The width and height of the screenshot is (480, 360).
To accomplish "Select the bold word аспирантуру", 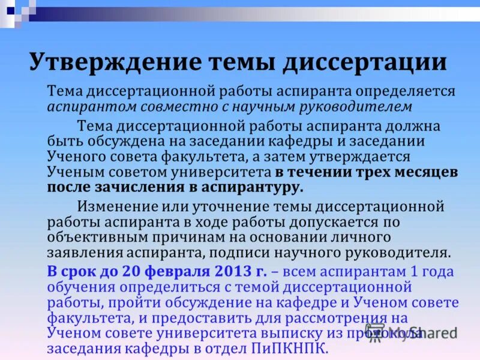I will coord(254,187).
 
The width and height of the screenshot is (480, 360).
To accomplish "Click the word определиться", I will coord(157,287).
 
